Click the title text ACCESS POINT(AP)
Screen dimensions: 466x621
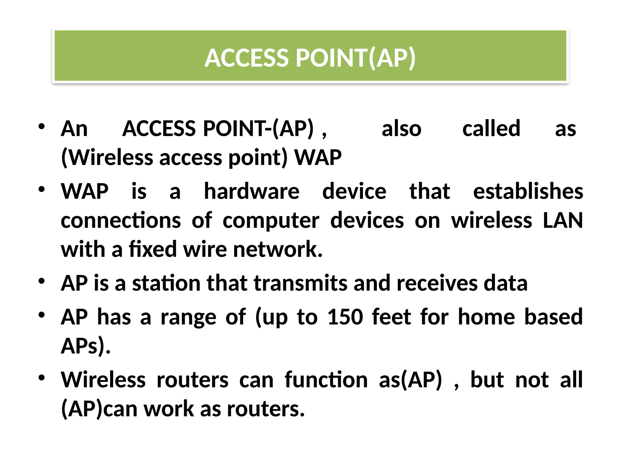click(x=310, y=58)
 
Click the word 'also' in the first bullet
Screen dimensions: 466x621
click(x=401, y=129)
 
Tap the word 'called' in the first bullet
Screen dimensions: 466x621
click(x=491, y=129)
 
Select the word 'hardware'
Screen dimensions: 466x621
click(x=252, y=191)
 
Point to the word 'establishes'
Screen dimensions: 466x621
click(x=528, y=191)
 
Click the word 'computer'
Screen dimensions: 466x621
click(x=271, y=221)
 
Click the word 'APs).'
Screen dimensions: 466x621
click(x=86, y=346)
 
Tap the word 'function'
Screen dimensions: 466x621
click(x=326, y=380)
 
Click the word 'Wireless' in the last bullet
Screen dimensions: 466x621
click(x=103, y=380)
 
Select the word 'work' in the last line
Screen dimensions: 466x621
click(x=169, y=409)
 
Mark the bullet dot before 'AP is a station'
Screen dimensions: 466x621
click(x=42, y=281)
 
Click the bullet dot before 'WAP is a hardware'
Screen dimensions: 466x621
click(x=42, y=189)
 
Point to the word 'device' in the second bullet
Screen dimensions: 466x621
click(x=354, y=191)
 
